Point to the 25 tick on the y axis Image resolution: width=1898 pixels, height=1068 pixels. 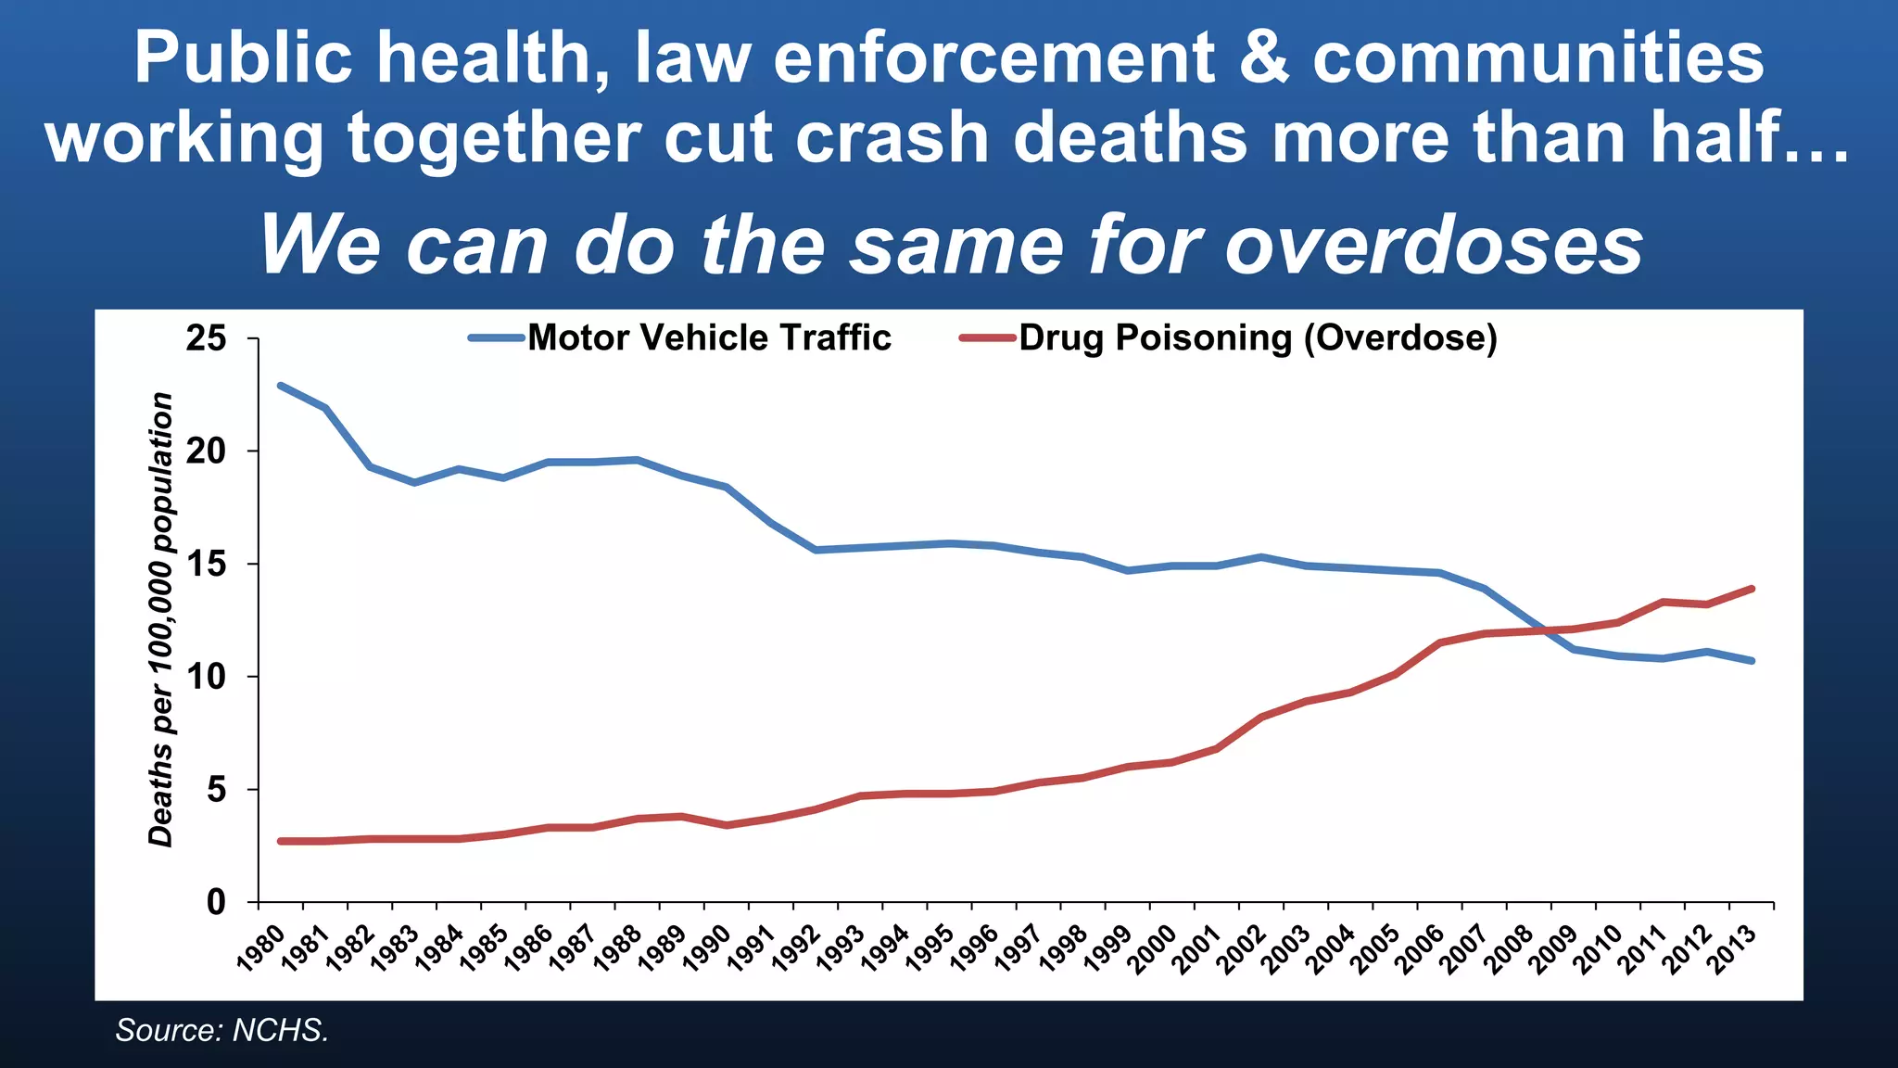click(x=206, y=338)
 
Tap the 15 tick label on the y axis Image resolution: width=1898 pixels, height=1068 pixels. click(x=206, y=564)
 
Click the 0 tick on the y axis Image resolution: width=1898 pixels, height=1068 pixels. click(x=215, y=902)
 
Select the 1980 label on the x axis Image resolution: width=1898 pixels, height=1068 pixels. click(x=261, y=947)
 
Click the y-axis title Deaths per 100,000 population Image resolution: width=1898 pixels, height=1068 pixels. click(x=161, y=619)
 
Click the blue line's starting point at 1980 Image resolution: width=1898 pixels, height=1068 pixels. click(x=281, y=385)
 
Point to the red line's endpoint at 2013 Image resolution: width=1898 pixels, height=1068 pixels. click(x=1752, y=588)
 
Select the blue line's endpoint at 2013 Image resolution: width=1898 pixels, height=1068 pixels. click(x=1752, y=661)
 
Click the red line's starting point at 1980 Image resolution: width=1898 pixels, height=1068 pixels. click(x=281, y=841)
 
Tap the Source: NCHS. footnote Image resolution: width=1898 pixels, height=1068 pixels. click(x=222, y=1030)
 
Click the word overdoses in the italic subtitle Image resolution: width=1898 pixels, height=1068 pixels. click(x=1434, y=246)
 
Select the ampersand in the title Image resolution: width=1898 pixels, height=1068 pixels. click(x=1263, y=57)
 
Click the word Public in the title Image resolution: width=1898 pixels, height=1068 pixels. click(x=243, y=57)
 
